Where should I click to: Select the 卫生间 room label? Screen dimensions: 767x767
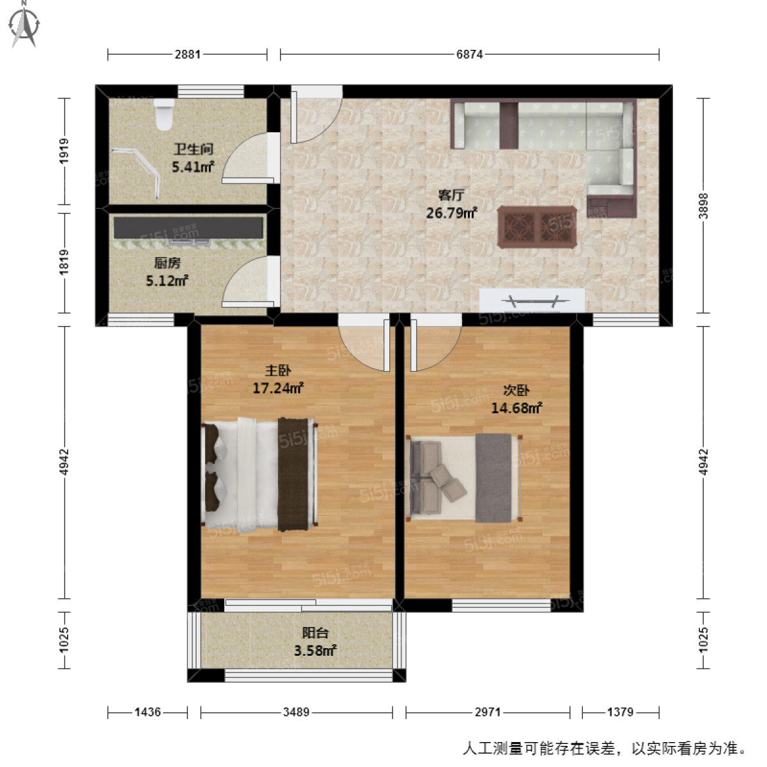point(193,150)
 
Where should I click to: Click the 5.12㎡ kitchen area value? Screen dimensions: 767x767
point(167,281)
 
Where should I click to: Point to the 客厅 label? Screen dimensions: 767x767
point(451,195)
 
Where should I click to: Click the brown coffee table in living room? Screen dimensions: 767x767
point(536,227)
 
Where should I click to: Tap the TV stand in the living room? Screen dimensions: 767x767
point(532,300)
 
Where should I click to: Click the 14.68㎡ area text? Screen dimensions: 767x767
point(516,408)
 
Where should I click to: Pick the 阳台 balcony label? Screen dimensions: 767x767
point(315,633)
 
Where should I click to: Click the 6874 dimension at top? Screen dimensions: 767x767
point(469,54)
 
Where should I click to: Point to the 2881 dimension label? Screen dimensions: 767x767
point(188,54)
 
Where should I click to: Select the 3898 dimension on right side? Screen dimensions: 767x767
point(703,206)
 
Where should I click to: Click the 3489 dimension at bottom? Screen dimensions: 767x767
point(296,712)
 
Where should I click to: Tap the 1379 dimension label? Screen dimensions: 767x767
point(620,712)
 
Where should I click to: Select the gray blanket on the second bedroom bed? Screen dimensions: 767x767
point(493,477)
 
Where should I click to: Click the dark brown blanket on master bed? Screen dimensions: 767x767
point(293,474)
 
